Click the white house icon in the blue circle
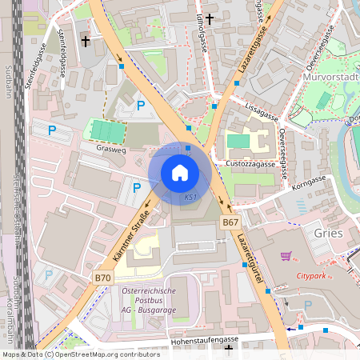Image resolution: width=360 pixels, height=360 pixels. click(x=180, y=173)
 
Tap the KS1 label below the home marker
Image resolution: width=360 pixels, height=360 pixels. click(x=190, y=197)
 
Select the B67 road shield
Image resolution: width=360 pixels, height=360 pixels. click(x=230, y=222)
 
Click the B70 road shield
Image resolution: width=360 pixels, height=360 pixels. click(x=102, y=278)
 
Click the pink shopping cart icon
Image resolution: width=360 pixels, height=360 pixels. click(x=286, y=257)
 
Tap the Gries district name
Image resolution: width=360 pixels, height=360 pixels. click(x=330, y=234)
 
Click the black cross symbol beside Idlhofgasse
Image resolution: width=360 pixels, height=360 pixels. click(x=210, y=18)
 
